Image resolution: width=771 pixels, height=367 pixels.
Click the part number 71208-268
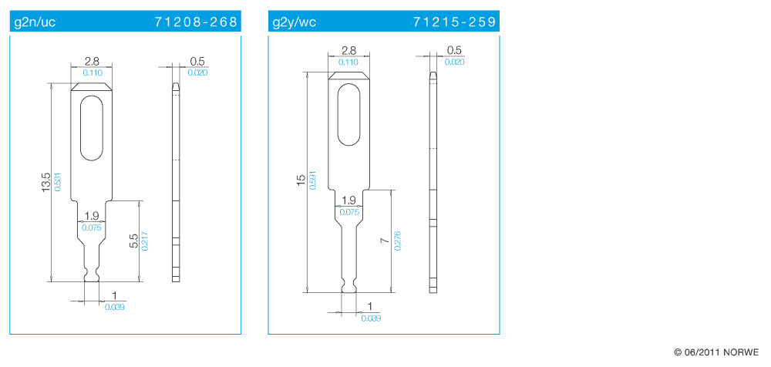coord(196,22)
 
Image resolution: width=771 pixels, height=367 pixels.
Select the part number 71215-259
coord(455,22)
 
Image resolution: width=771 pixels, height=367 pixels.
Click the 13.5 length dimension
coord(47,181)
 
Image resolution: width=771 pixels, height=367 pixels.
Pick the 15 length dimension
coord(301,180)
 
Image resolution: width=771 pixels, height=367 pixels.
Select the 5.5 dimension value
coord(133,241)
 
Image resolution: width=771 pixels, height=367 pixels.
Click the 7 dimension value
coord(385,241)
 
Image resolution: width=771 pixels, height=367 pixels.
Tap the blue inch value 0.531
coord(58,181)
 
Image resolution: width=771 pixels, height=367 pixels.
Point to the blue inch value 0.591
coord(311,180)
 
